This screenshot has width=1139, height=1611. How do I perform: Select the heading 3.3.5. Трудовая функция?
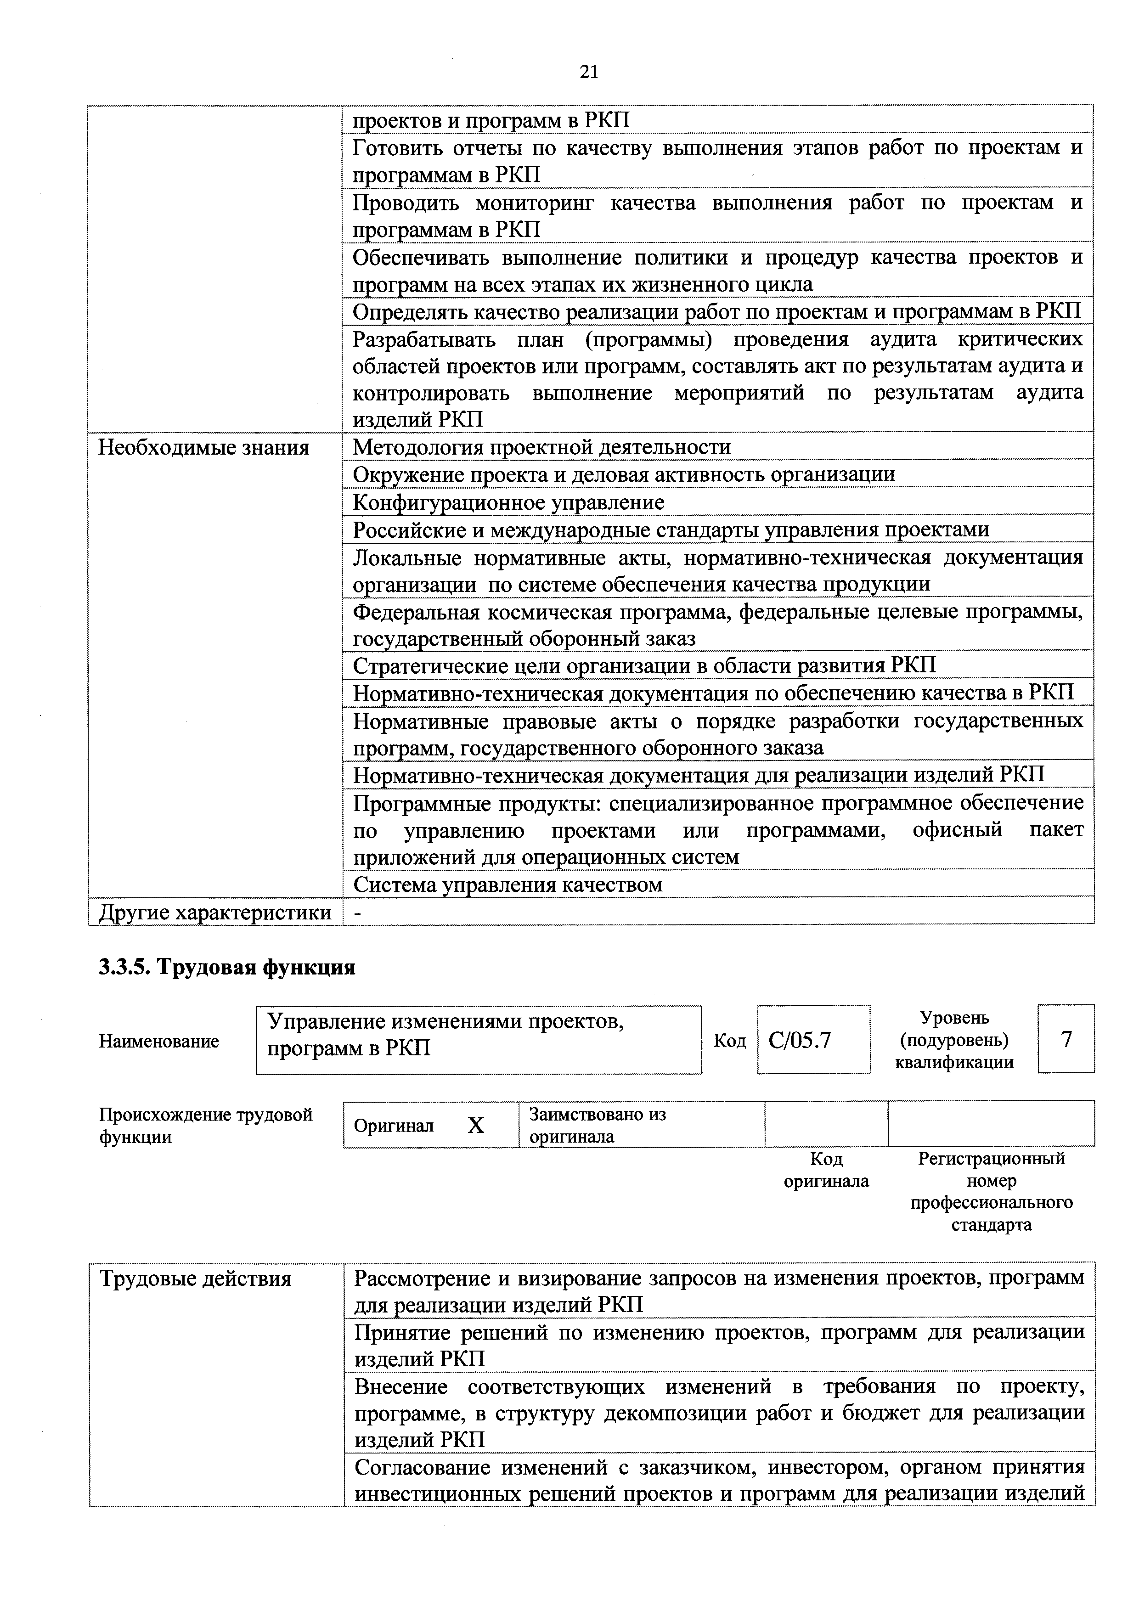(x=227, y=968)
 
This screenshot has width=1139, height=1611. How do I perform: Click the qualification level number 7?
(x=1066, y=1038)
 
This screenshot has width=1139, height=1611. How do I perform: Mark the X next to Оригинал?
(x=476, y=1126)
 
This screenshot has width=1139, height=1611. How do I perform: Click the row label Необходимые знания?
(x=203, y=448)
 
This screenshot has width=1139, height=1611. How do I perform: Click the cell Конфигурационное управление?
(x=508, y=502)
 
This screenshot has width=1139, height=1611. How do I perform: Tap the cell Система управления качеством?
(x=507, y=885)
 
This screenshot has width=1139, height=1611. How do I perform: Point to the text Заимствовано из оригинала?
(x=597, y=1126)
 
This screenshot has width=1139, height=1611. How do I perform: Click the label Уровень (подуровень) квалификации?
(x=954, y=1039)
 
